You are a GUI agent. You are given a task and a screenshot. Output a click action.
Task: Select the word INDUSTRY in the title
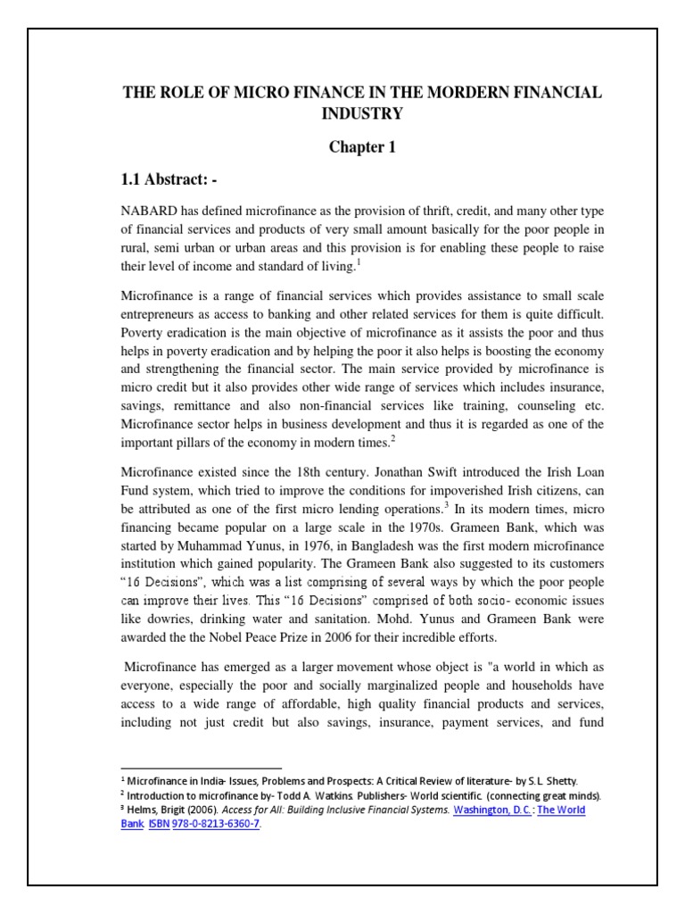click(x=363, y=113)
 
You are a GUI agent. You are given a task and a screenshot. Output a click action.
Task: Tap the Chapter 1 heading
click(x=362, y=147)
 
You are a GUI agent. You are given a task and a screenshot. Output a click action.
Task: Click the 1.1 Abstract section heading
click(x=169, y=180)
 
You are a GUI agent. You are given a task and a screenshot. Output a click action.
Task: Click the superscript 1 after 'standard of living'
click(x=359, y=262)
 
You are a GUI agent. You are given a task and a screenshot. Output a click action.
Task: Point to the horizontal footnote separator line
click(x=201, y=767)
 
